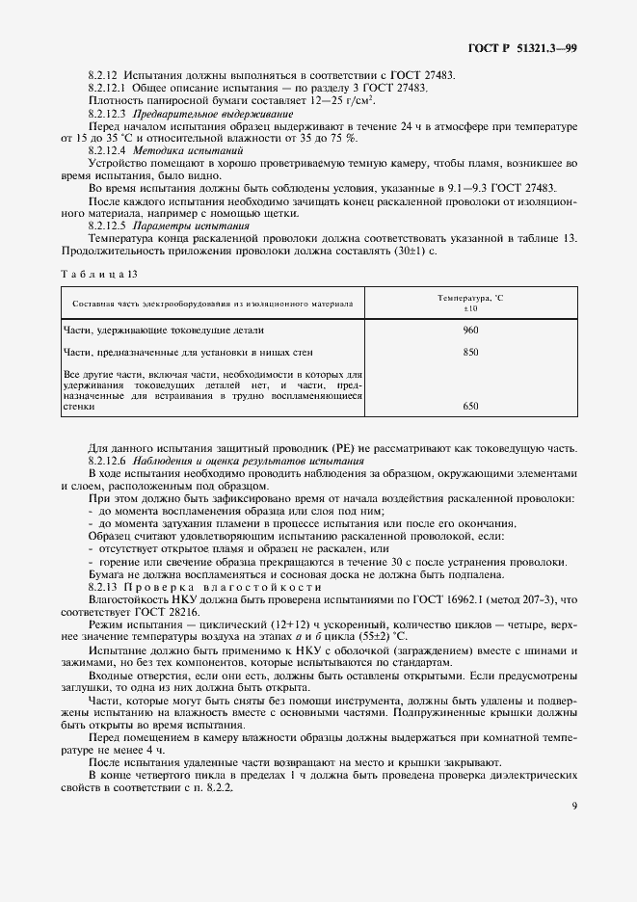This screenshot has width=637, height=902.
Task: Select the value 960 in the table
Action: coord(470,330)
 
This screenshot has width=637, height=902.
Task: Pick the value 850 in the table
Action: coord(470,352)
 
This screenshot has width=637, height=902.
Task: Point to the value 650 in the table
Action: coord(470,407)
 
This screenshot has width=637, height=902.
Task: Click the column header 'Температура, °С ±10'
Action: coord(470,304)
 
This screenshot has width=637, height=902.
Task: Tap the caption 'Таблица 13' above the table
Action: coord(99,274)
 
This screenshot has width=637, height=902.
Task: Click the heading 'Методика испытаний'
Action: coord(174,151)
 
